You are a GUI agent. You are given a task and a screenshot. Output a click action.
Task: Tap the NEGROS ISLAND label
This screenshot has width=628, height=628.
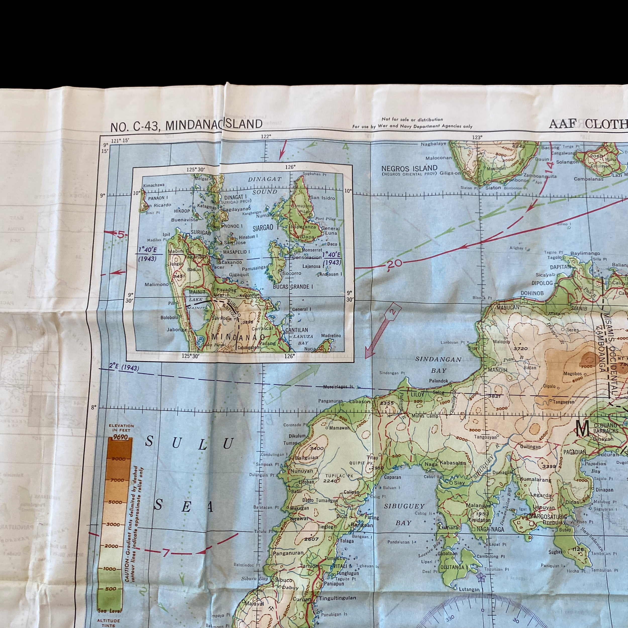click(409, 168)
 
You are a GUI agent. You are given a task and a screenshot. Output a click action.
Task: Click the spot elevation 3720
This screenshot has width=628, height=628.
click(520, 348)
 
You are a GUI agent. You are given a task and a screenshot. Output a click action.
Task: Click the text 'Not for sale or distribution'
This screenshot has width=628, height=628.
click(412, 120)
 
